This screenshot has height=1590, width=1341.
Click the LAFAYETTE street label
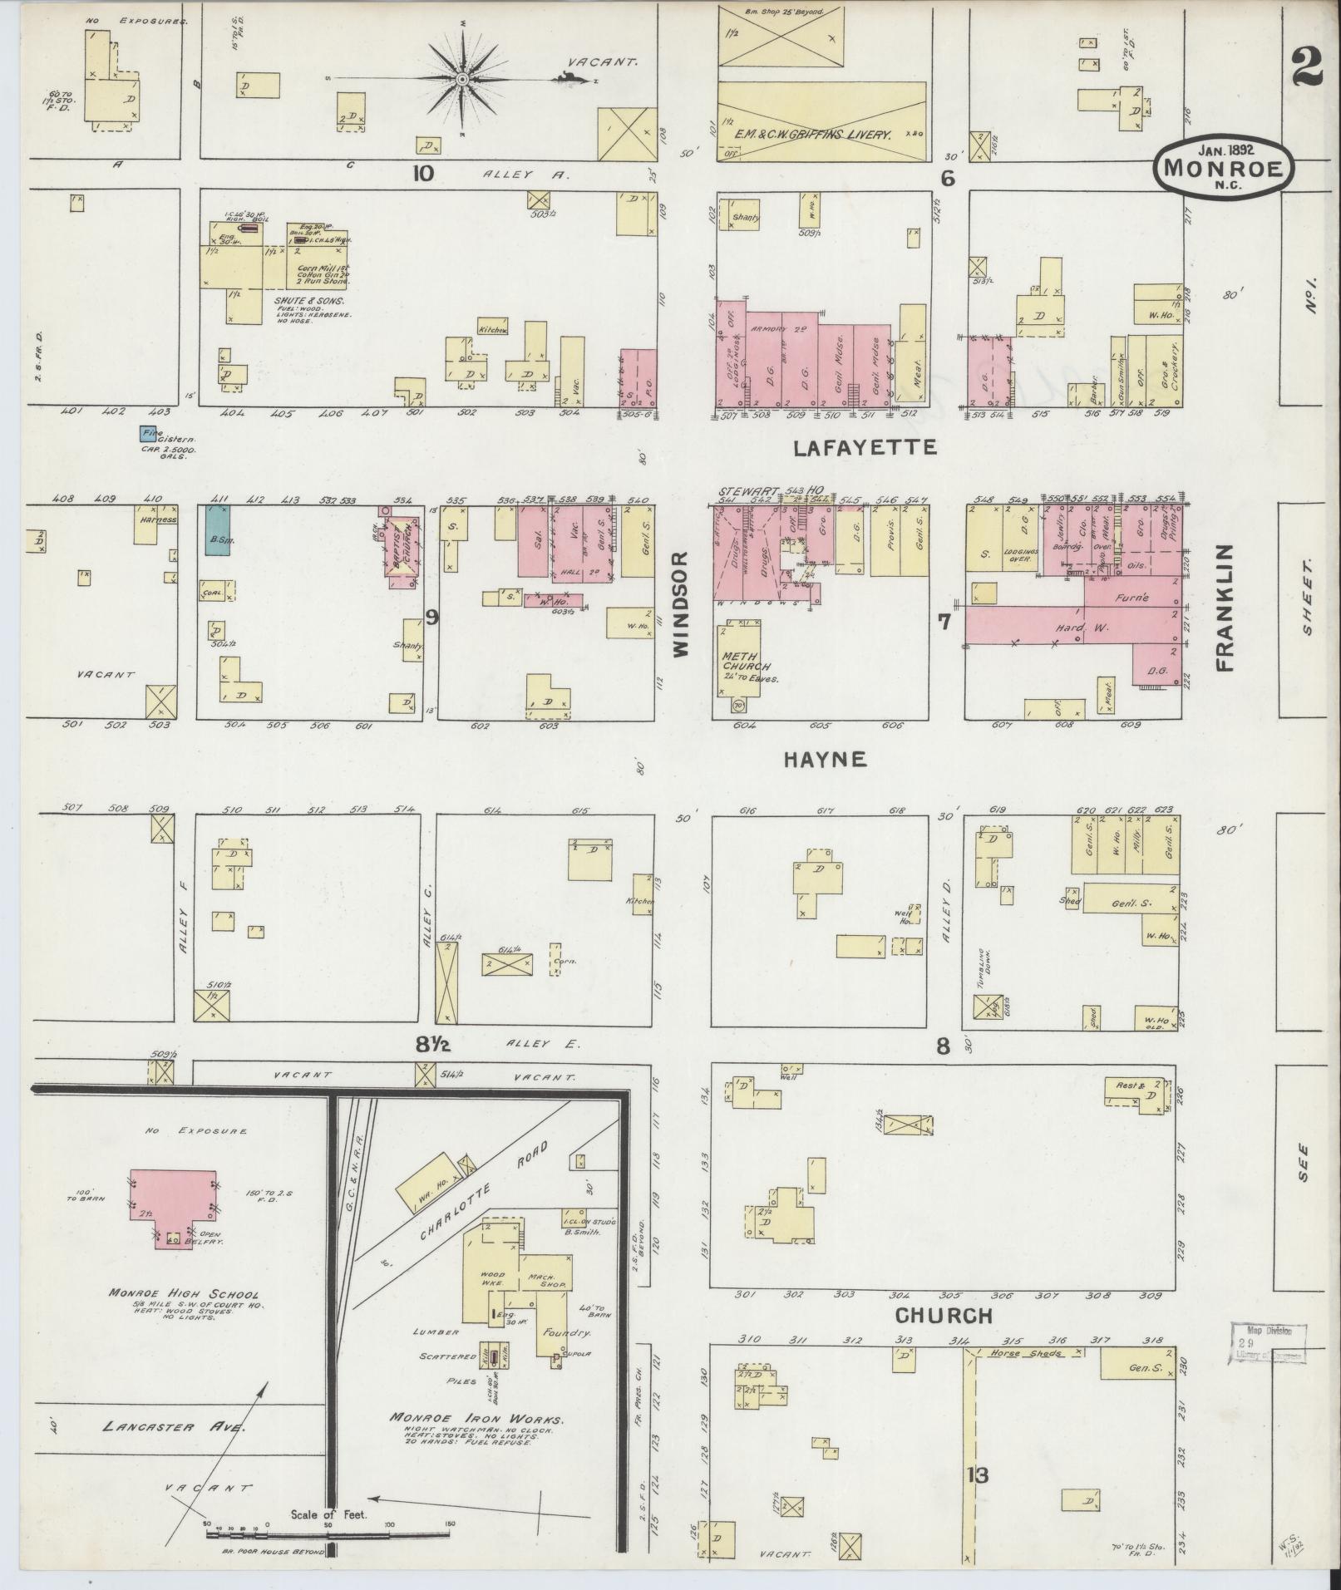tap(865, 448)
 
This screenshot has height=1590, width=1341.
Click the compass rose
tap(462, 79)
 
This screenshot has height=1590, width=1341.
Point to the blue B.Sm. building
tap(218, 529)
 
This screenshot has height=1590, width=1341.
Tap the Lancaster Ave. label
tap(175, 1426)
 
